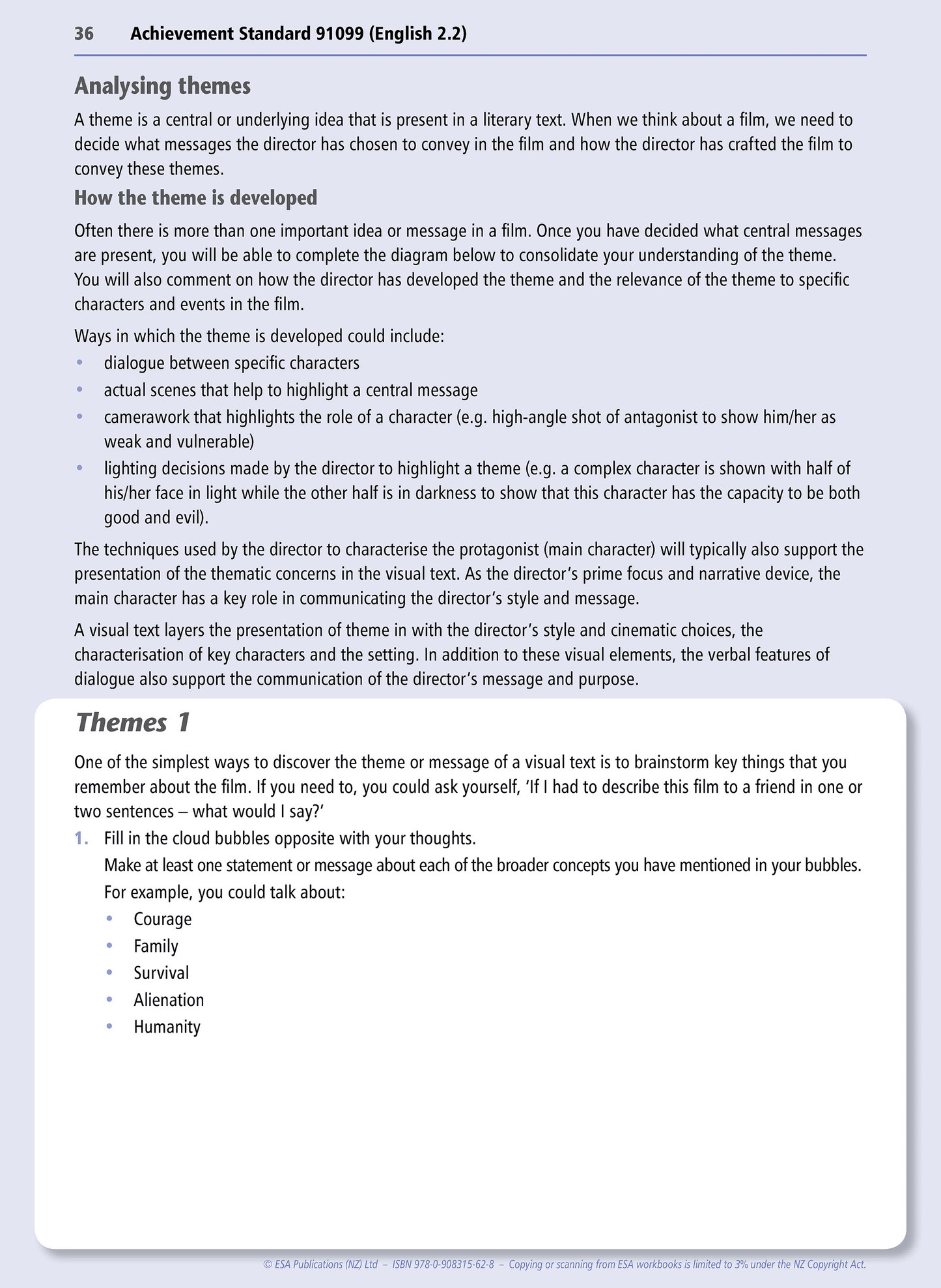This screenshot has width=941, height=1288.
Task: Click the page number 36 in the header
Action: (x=84, y=34)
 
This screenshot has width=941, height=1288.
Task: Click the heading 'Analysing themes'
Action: (x=162, y=86)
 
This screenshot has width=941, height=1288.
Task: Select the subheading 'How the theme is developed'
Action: (x=195, y=198)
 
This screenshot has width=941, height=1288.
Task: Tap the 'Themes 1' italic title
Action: (x=133, y=723)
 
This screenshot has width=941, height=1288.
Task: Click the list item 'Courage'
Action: (x=163, y=919)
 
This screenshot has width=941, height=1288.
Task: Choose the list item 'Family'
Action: (x=156, y=946)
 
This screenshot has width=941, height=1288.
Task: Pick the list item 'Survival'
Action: (x=162, y=973)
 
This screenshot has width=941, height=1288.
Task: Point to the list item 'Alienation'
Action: (x=169, y=1000)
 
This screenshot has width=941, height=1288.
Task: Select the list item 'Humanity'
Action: (x=167, y=1027)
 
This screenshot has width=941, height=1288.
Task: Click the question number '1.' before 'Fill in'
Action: (x=81, y=838)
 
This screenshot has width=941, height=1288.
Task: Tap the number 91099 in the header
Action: (x=339, y=34)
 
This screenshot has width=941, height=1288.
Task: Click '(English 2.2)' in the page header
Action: (x=418, y=34)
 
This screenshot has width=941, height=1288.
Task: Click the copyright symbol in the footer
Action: (x=267, y=1265)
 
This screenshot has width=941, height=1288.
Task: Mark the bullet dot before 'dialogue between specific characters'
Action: (x=79, y=363)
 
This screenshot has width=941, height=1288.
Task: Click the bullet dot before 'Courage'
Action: (x=109, y=919)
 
